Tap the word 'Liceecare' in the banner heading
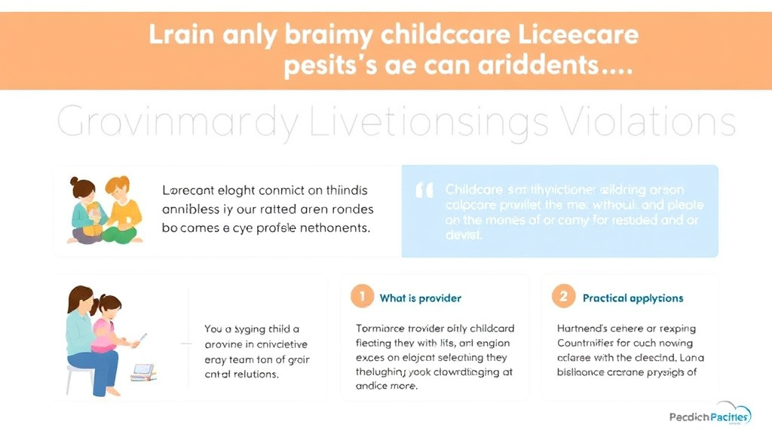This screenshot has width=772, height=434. coord(577,35)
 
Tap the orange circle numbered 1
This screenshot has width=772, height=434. coord(362,297)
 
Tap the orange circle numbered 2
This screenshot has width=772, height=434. coord(563,297)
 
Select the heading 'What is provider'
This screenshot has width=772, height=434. coord(420,298)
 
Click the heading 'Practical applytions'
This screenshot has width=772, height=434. coord(633,298)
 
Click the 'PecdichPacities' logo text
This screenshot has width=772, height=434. coord(709,417)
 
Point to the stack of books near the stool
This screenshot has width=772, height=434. coord(143,371)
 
